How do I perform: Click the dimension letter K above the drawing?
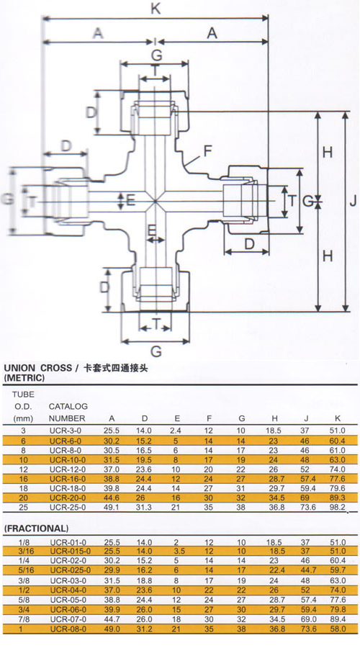(156, 8)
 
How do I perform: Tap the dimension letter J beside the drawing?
(353, 202)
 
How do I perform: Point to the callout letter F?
(207, 151)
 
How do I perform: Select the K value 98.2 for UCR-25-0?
(337, 507)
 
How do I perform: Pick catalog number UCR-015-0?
(71, 551)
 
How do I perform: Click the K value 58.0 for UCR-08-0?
(337, 629)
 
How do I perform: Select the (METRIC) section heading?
(24, 378)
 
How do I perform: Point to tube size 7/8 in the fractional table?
(23, 619)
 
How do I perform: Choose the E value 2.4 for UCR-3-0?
(175, 431)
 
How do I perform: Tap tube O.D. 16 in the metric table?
(23, 479)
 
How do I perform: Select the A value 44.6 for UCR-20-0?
(111, 498)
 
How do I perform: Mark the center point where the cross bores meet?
(155, 202)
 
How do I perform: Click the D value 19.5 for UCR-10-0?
(144, 459)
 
